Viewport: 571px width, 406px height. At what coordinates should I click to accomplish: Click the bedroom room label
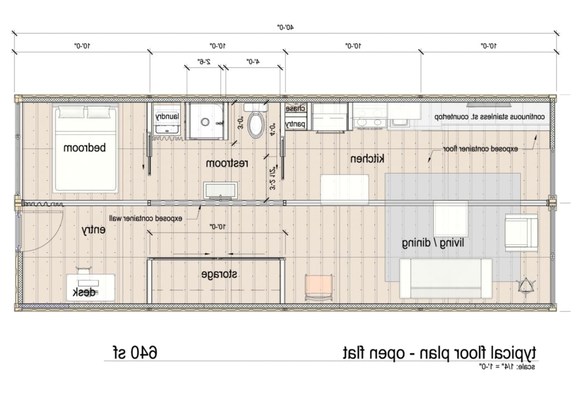click(x=85, y=148)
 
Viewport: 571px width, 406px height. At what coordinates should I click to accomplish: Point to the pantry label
click(x=295, y=124)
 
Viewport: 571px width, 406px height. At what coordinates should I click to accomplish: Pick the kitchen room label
click(x=367, y=159)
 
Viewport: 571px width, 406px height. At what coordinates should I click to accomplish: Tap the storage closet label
click(x=219, y=274)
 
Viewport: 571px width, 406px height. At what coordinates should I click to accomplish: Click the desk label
click(x=84, y=293)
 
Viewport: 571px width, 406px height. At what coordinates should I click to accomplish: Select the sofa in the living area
click(x=446, y=279)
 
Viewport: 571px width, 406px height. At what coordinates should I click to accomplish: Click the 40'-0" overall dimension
click(x=285, y=26)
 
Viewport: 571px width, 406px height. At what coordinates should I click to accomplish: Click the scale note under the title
click(x=506, y=366)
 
